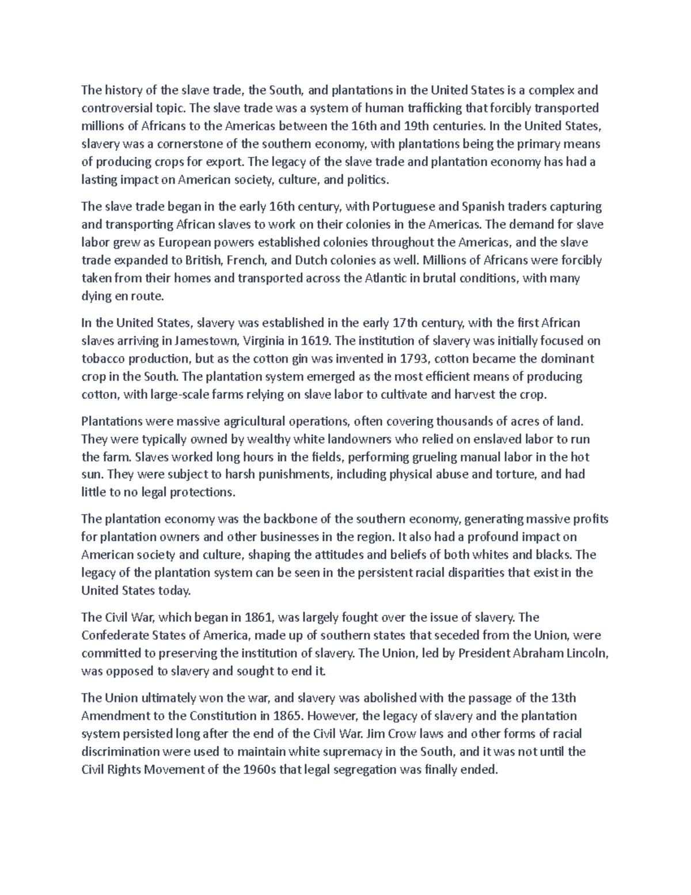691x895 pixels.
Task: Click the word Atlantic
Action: tap(385, 278)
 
